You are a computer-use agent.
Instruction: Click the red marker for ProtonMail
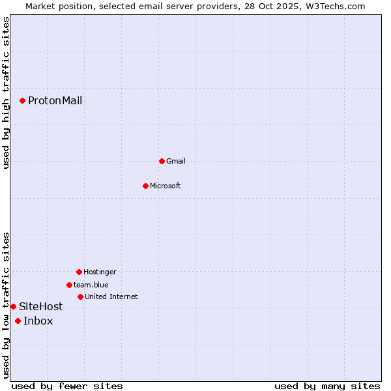(x=22, y=100)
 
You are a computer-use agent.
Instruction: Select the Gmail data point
(x=162, y=161)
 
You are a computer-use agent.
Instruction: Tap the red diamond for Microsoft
(x=145, y=186)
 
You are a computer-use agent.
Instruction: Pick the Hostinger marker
(x=79, y=272)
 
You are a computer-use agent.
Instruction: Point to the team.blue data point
(x=69, y=285)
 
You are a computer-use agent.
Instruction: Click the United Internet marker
(x=80, y=297)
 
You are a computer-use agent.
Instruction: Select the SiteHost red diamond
(x=13, y=306)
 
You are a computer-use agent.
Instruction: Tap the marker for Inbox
(x=18, y=321)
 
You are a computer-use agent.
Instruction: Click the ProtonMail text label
(x=55, y=100)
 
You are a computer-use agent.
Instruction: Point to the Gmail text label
(x=176, y=161)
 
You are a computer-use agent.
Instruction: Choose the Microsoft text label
(x=166, y=186)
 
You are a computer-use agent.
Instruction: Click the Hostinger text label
(x=100, y=272)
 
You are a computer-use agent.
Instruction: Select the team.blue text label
(x=91, y=285)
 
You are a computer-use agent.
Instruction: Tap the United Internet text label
(x=111, y=297)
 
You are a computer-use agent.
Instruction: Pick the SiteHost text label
(x=40, y=306)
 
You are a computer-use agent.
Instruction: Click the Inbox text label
(x=38, y=321)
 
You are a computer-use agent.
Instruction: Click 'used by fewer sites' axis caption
(x=67, y=386)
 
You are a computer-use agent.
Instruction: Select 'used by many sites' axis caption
(x=327, y=386)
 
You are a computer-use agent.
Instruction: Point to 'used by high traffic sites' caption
(x=6, y=93)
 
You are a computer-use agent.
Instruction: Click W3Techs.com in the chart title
(x=335, y=6)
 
